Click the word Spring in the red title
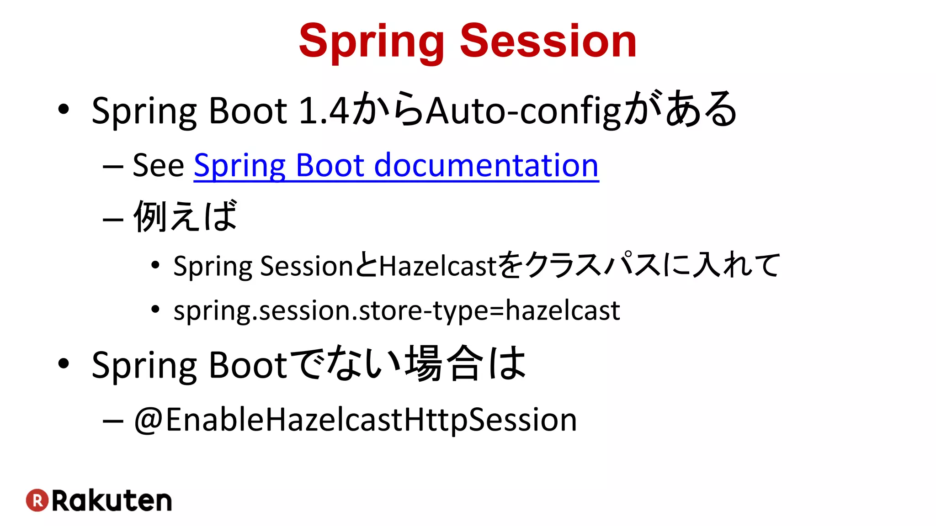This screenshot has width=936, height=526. [x=371, y=42]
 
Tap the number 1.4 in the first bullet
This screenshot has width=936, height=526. [x=323, y=111]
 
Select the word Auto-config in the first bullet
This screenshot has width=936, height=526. [x=524, y=111]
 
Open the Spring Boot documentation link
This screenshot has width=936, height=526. [x=396, y=165]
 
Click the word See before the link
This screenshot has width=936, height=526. [x=158, y=165]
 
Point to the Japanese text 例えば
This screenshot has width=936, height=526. [x=186, y=216]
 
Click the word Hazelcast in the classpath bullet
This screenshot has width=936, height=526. [x=437, y=266]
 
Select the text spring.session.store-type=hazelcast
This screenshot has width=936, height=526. [x=396, y=311]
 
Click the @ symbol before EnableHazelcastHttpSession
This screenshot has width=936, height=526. [x=148, y=420]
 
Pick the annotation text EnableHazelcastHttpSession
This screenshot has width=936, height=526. [x=371, y=420]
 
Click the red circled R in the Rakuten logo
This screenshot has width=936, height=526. [x=37, y=500]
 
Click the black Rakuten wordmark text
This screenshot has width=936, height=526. [x=112, y=501]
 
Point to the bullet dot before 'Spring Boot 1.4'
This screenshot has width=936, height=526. [x=64, y=110]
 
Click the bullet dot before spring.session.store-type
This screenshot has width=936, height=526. [x=155, y=310]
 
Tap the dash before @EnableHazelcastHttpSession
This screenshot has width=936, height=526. [x=113, y=421]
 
